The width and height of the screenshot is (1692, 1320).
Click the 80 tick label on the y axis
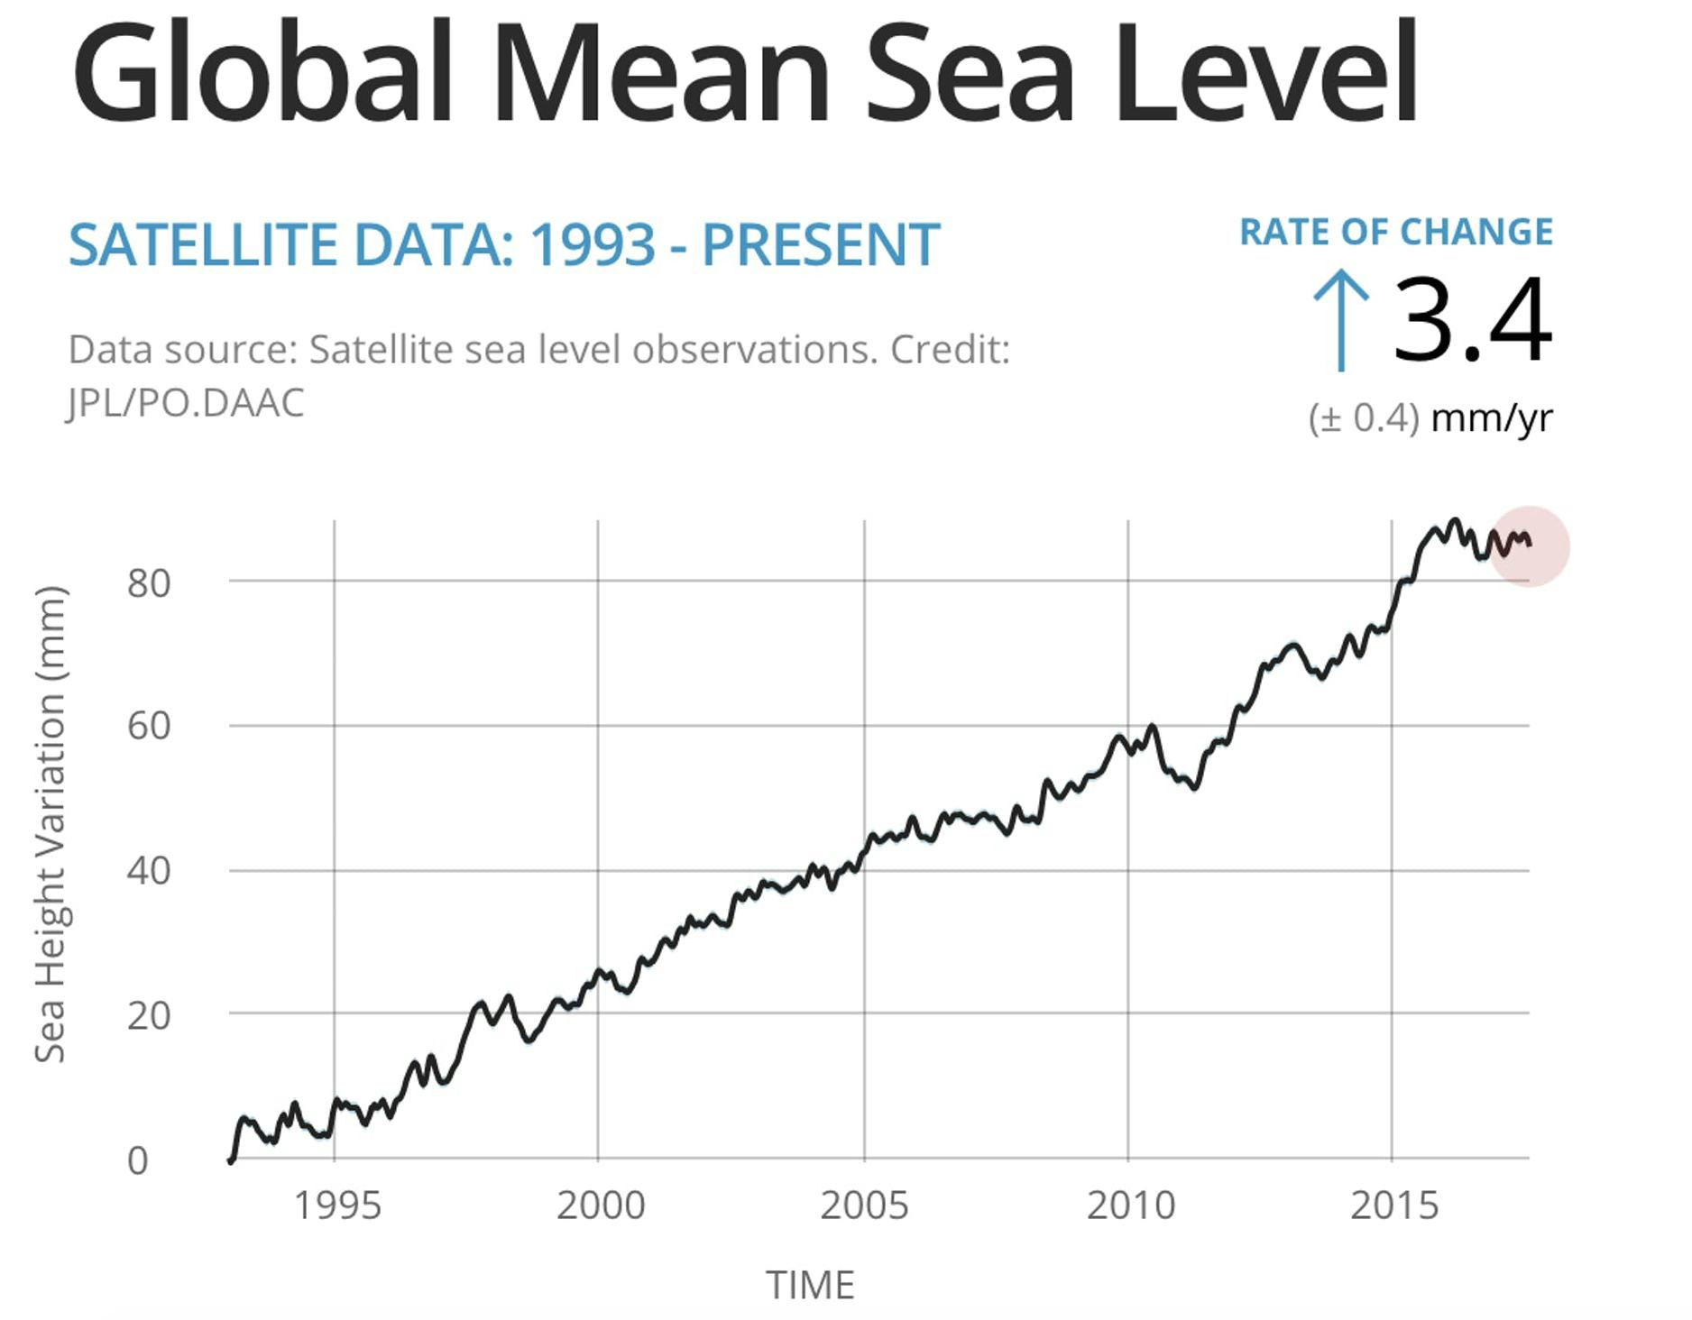click(x=148, y=583)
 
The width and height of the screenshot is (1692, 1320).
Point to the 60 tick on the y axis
click(x=148, y=726)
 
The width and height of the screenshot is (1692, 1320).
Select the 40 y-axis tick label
click(x=148, y=871)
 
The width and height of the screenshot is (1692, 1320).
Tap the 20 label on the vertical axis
click(x=148, y=1015)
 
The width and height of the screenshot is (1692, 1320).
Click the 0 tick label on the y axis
click(x=137, y=1160)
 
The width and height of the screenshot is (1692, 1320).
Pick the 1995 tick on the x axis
click(x=337, y=1205)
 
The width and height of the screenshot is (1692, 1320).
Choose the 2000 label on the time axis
click(x=601, y=1205)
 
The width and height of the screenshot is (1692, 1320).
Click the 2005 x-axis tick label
click(x=864, y=1205)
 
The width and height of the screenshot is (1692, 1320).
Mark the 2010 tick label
click(x=1130, y=1205)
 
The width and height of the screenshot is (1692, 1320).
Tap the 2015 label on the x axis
click(x=1393, y=1205)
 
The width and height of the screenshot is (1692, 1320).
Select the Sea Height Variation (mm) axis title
click(x=51, y=824)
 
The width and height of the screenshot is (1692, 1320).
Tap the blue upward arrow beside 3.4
click(x=1341, y=320)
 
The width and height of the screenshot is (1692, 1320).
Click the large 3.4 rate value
click(x=1472, y=320)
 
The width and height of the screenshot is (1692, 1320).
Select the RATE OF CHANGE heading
click(x=1396, y=233)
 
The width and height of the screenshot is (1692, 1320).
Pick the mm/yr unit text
click(x=1492, y=417)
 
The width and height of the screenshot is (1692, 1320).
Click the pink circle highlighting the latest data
click(x=1529, y=546)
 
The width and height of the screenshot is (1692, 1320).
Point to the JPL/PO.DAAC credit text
click(x=186, y=403)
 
